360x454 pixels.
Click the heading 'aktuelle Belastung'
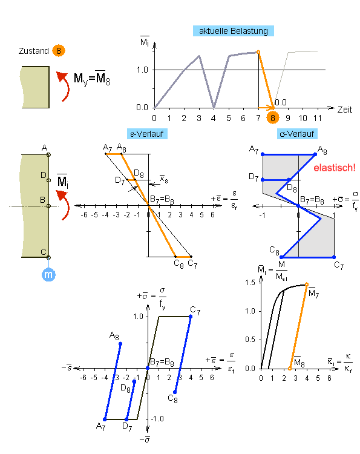tap(234, 31)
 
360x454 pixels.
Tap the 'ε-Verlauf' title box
tap(147, 134)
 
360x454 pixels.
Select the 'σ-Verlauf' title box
tap(297, 134)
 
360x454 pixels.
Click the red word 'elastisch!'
tap(335, 168)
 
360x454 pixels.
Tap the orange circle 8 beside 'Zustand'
tap(59, 51)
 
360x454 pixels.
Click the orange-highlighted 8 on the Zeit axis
tap(273, 117)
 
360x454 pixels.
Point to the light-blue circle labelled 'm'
tap(48, 274)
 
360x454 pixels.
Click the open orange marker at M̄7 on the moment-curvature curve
tap(307, 285)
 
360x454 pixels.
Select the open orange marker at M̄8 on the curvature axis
tap(290, 369)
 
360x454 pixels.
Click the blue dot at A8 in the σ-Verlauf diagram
tap(315, 154)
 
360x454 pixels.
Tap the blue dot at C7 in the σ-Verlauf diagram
tap(334, 257)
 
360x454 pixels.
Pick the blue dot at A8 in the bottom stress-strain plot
tap(120, 344)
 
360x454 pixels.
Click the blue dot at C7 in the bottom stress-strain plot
tap(191, 317)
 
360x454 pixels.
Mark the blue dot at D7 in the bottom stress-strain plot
tap(126, 419)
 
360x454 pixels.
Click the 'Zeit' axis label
tap(345, 110)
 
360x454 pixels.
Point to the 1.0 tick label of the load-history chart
tap(142, 70)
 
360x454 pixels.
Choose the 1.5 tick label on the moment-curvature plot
tap(250, 282)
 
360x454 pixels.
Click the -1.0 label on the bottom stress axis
tap(157, 419)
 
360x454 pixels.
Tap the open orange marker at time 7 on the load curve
tap(258, 52)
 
